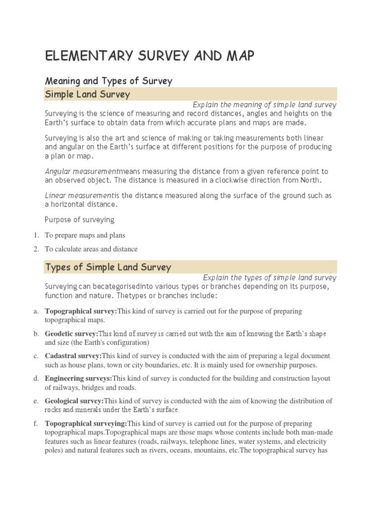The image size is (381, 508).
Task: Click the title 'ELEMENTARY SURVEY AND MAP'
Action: [150, 57]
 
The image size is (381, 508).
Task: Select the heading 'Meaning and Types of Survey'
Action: [108, 80]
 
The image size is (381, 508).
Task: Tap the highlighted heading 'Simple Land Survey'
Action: [87, 94]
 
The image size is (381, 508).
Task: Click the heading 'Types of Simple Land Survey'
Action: [108, 267]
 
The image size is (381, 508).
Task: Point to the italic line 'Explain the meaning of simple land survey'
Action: [264, 105]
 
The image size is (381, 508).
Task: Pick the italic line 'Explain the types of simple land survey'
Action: [269, 278]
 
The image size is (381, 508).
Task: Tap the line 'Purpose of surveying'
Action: [79, 219]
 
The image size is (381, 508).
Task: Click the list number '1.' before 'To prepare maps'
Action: [36, 235]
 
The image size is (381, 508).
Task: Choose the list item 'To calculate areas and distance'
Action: [91, 249]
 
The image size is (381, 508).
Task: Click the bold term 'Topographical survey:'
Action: [80, 311]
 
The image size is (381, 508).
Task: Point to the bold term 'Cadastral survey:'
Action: [73, 356]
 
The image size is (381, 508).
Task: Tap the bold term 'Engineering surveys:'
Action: [78, 379]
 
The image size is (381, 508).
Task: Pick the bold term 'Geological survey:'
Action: [74, 401]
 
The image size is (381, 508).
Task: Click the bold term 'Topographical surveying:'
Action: [86, 423]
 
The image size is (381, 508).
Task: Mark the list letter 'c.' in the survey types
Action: [36, 356]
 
